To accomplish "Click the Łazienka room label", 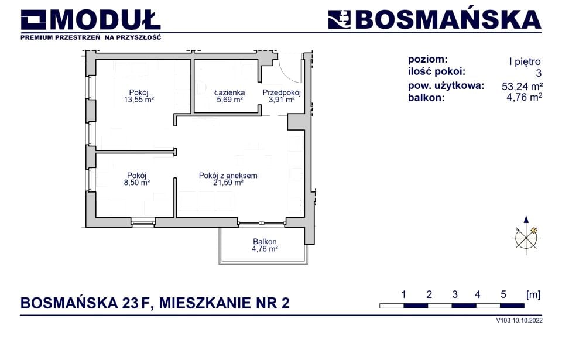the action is (229, 92).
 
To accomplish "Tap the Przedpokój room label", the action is (282, 92).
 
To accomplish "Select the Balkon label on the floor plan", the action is (265, 242).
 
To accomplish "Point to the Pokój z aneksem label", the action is (228, 176).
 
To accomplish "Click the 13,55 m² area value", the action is (139, 100).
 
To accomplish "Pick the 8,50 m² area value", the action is (136, 183).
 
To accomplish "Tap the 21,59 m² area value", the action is (228, 183).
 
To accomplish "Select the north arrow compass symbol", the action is (526, 235).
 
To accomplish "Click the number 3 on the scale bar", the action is (455, 295).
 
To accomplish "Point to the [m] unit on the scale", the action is (533, 295).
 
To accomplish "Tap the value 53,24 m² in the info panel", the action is (522, 86).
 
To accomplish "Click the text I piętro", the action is (525, 61).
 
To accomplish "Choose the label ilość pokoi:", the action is (437, 72).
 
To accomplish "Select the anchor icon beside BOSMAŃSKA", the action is (339, 19).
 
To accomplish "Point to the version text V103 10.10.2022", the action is (519, 321).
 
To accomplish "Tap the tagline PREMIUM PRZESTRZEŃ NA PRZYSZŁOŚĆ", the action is (91, 37).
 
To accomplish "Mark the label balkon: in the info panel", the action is (426, 98).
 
